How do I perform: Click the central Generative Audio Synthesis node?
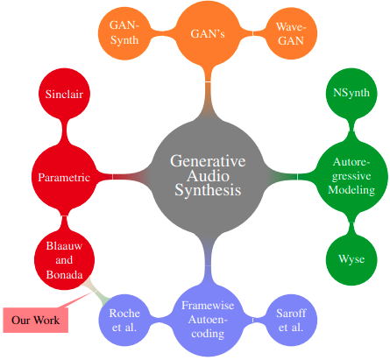208,176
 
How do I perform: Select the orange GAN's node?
208,33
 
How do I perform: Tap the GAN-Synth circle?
124,33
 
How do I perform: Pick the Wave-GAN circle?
291,33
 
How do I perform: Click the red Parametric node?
64,177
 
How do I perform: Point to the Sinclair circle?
64,94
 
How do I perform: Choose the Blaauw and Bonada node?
64,260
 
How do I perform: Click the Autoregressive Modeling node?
351,176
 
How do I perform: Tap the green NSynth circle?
351,93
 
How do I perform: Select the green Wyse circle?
351,259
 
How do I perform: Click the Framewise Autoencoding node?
208,320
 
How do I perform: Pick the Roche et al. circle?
124,320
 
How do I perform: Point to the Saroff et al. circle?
291,320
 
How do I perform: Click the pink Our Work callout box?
36,320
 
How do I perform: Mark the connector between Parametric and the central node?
123,177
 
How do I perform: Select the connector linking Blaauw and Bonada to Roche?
96,291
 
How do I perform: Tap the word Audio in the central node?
208,175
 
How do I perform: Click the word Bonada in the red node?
64,274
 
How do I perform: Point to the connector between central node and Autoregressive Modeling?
292,176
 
